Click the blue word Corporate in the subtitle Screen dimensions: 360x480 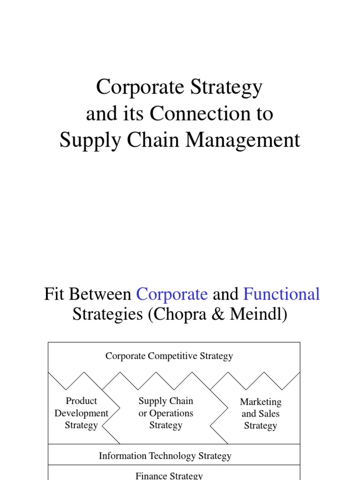tap(172, 294)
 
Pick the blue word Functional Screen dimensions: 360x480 tap(282, 294)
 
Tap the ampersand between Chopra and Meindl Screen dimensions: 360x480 tap(222, 315)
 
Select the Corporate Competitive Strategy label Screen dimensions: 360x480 tap(169, 356)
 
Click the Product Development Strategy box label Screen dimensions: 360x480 tap(81, 413)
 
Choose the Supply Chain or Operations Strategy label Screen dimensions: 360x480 tap(165, 413)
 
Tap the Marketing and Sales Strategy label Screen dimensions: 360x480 tap(261, 414)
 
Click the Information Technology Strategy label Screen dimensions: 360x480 tap(165, 456)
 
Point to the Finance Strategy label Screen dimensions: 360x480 tap(169, 476)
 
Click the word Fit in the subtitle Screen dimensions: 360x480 tap(53, 294)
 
